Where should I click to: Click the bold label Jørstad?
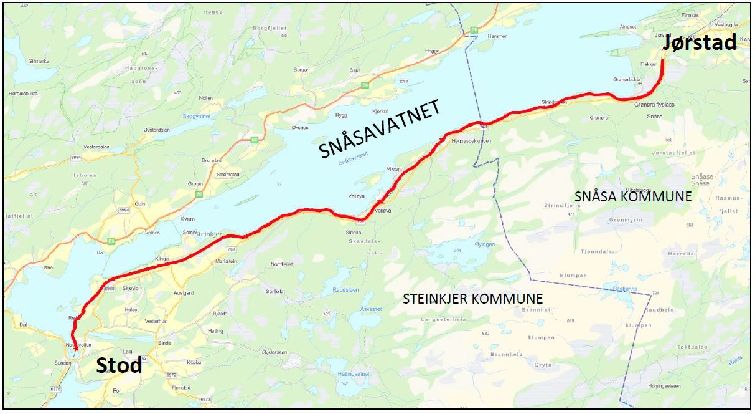point(699,43)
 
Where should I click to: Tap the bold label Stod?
point(118,365)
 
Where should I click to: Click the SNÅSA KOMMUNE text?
point(633,196)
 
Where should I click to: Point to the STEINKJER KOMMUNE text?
point(472,299)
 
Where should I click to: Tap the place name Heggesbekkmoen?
point(471,141)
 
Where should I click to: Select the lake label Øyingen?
point(485,244)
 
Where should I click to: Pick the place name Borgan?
point(301,70)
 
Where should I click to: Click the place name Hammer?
point(497,36)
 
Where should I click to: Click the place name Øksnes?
point(299,128)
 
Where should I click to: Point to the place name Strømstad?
point(228,175)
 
